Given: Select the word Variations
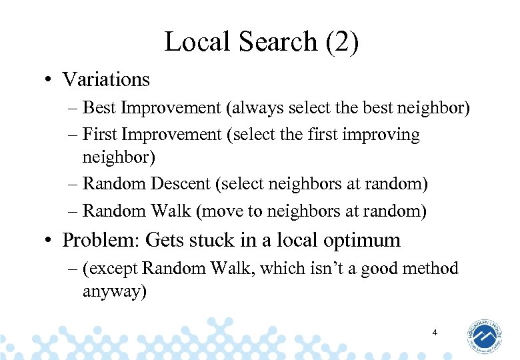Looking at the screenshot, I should pyautogui.click(x=106, y=79).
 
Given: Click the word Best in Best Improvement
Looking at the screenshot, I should pyautogui.click(x=99, y=107).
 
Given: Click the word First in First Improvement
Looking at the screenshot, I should pyautogui.click(x=99, y=135).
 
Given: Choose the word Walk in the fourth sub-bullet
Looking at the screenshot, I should pyautogui.click(x=171, y=211).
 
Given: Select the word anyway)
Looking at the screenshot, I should pyautogui.click(x=113, y=291).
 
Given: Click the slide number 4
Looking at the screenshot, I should pyautogui.click(x=434, y=331).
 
